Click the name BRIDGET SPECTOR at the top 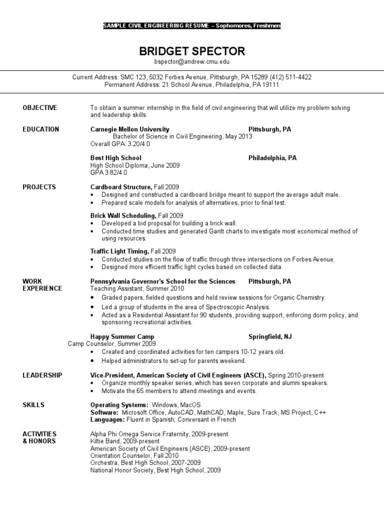[x=191, y=51]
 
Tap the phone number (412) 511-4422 [x=290, y=77]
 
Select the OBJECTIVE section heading [x=40, y=107]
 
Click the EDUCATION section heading [x=41, y=129]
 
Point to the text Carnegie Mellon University [x=129, y=129]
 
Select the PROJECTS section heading [x=39, y=187]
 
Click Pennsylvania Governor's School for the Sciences [x=162, y=281]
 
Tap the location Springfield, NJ [x=270, y=336]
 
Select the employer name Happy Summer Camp [x=122, y=336]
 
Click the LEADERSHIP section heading [x=42, y=375]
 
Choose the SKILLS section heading [x=33, y=404]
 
